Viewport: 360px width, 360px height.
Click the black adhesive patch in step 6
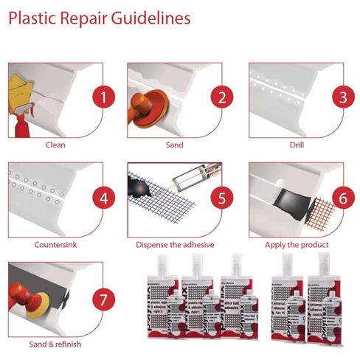pos(283,198)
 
